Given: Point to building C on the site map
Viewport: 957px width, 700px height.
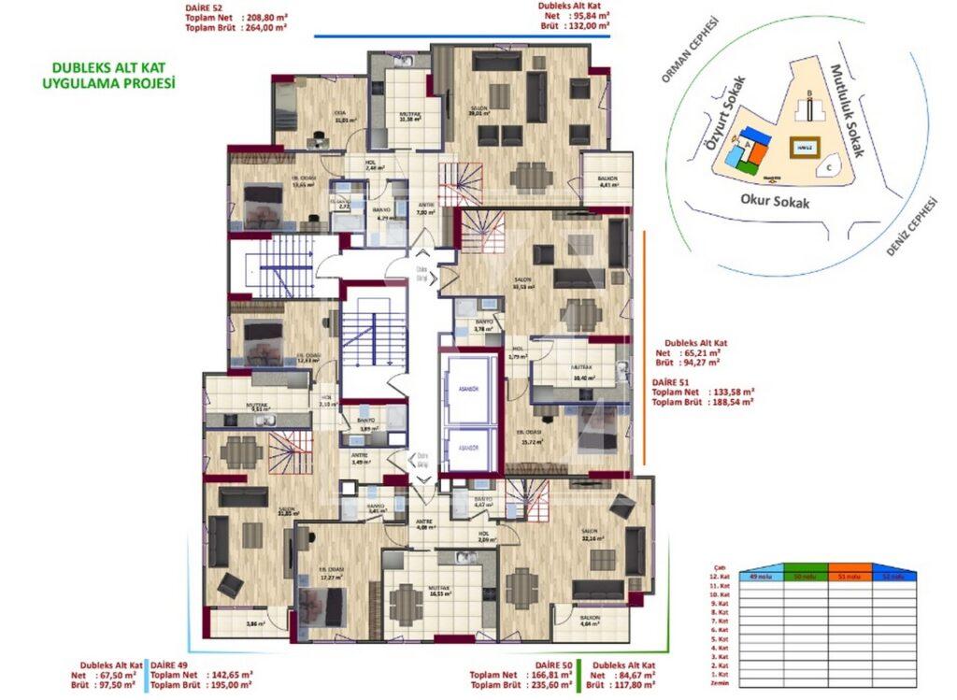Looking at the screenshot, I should (829, 168).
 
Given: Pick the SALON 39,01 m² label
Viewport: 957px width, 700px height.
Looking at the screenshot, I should (487, 112).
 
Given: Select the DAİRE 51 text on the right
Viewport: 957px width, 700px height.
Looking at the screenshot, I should (672, 380).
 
